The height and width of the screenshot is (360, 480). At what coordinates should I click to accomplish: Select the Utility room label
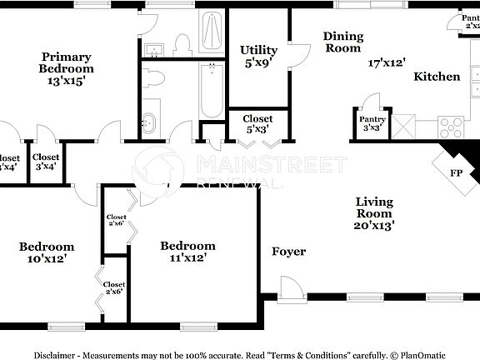258,50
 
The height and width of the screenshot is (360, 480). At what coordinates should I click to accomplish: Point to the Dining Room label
343,42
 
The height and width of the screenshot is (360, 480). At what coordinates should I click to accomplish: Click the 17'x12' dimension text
387,62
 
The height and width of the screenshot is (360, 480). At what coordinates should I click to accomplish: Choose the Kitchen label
437,77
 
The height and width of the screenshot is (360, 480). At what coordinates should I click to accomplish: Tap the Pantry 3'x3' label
372,123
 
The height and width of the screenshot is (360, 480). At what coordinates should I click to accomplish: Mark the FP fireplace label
457,173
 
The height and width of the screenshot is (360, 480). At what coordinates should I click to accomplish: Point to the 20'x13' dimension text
374,224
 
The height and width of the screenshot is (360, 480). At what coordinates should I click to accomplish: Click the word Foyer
288,252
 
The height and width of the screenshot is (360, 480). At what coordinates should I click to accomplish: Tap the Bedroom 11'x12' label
187,252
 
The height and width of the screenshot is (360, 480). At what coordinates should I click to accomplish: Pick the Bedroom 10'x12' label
47,252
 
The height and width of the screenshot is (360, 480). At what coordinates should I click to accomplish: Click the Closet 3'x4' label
46,162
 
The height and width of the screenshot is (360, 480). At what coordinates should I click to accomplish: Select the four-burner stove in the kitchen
451,127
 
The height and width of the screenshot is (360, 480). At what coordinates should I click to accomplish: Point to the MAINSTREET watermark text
271,164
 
